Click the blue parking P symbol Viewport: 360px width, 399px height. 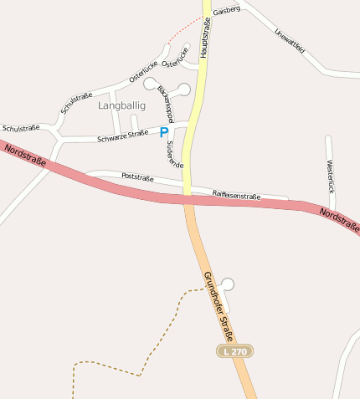(164, 132)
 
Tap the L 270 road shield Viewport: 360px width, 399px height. (234, 351)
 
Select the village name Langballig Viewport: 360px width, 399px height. (121, 105)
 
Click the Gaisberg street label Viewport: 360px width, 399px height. (227, 10)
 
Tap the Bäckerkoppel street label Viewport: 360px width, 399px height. (165, 104)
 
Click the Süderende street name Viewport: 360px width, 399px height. (174, 153)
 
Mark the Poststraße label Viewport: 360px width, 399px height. (137, 176)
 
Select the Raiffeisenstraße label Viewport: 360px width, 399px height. (236, 195)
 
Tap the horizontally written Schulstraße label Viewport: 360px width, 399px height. (21, 128)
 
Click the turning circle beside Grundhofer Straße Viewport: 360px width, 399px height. (228, 284)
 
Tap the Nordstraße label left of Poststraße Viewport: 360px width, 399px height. (25, 155)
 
